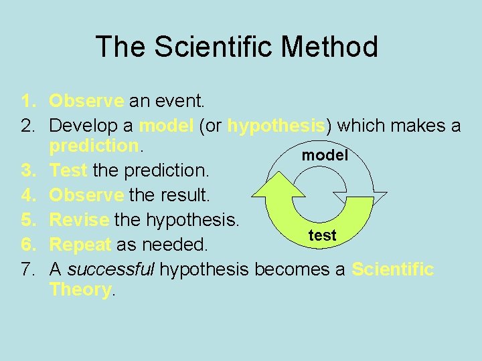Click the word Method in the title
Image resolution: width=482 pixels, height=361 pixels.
[329, 47]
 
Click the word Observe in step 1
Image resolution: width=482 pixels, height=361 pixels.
[86, 101]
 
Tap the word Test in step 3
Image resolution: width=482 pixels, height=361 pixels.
[68, 170]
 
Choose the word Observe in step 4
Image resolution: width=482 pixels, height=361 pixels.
[86, 195]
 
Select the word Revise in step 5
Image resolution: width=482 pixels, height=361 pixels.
[80, 219]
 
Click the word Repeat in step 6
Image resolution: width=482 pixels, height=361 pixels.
[80, 245]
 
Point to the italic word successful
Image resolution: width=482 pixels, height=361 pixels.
[111, 269]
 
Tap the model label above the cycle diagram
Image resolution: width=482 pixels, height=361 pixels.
[325, 155]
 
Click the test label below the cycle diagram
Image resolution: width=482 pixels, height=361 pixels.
[322, 235]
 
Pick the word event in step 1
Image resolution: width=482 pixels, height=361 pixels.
[180, 101]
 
